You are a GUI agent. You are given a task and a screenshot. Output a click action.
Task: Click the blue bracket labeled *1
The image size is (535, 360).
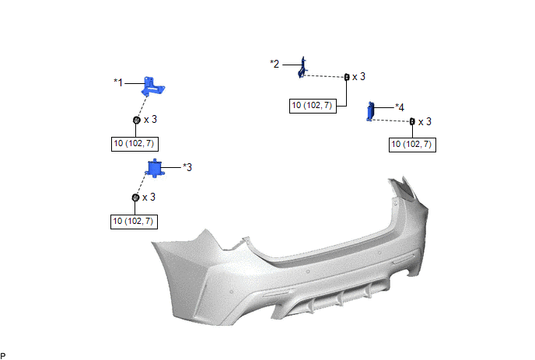click(152, 86)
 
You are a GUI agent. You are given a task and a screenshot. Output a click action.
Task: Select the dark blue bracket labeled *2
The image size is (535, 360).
click(302, 68)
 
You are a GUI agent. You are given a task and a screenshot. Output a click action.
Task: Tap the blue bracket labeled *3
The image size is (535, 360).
click(156, 168)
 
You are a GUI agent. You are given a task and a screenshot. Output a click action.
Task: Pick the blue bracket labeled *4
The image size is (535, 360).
click(371, 112)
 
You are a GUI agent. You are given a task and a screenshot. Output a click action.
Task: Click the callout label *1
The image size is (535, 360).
click(118, 82)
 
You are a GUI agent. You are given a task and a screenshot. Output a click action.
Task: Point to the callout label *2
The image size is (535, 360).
click(274, 64)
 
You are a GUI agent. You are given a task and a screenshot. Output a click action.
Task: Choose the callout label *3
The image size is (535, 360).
click(187, 167)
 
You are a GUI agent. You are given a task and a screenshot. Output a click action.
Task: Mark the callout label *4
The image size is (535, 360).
click(400, 107)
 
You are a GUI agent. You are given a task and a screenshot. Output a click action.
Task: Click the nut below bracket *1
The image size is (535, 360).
click(137, 120)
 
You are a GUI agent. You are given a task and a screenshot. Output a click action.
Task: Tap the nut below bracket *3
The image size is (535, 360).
click(135, 197)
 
